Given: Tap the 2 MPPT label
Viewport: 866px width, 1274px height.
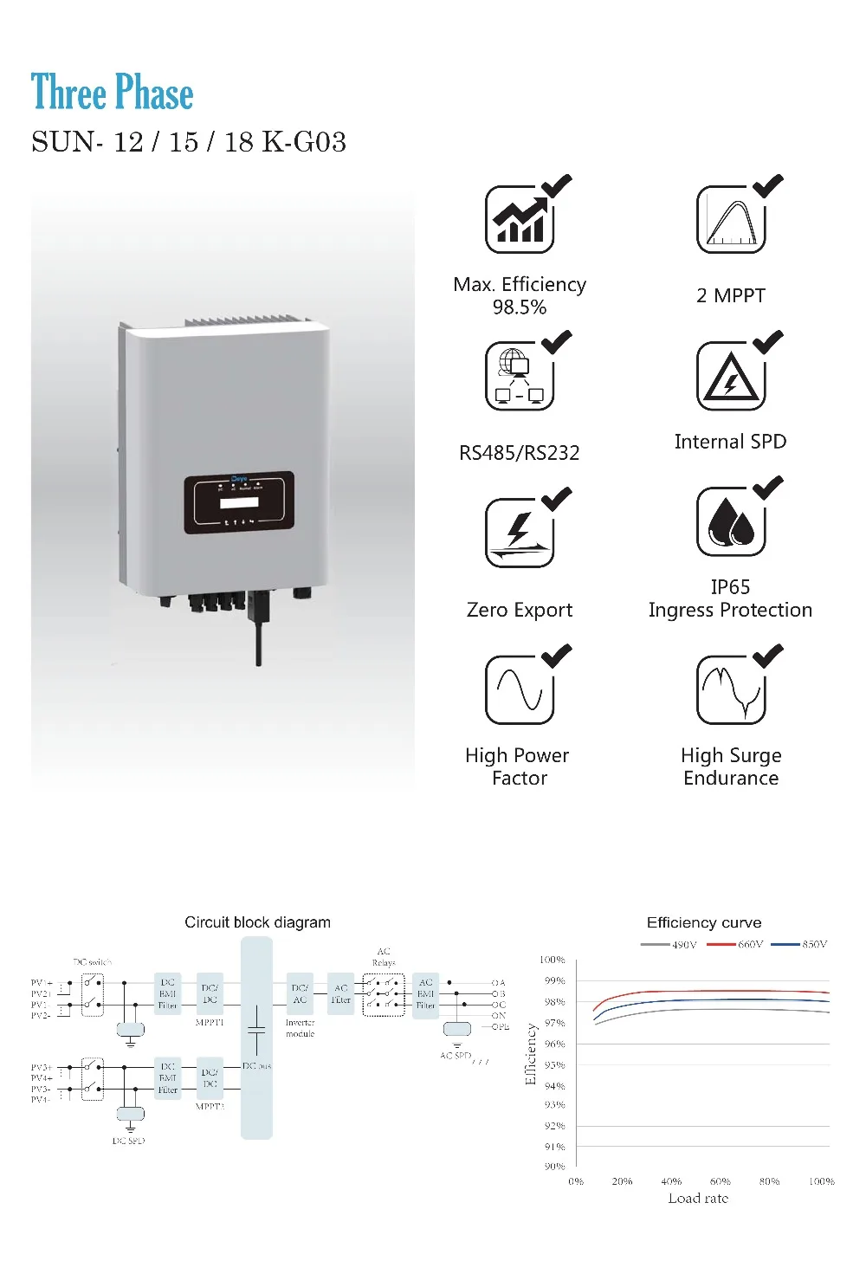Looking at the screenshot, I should (x=731, y=295).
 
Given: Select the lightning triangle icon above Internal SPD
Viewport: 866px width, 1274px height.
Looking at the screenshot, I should (x=731, y=377).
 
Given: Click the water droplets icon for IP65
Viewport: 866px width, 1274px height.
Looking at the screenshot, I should (x=731, y=521).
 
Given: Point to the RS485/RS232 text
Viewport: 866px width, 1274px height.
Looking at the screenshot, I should (x=520, y=453).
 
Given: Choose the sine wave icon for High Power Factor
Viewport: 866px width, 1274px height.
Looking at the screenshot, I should (x=519, y=690).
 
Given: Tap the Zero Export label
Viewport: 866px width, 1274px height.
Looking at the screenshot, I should (x=520, y=610).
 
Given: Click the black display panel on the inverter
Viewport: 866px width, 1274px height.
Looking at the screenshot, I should (x=239, y=502).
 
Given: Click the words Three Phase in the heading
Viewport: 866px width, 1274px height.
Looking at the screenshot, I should (x=112, y=93).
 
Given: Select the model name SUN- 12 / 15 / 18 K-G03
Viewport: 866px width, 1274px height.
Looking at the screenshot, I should (x=189, y=142).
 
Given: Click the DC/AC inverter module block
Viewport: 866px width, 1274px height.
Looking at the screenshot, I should (x=300, y=993).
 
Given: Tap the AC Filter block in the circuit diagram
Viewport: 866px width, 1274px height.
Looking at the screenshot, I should (x=341, y=993).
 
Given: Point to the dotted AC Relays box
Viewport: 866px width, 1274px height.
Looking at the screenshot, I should (x=384, y=995).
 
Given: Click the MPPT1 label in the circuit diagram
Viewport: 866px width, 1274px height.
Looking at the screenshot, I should (x=210, y=1023).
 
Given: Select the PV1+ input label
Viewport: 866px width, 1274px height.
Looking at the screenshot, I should (x=42, y=983).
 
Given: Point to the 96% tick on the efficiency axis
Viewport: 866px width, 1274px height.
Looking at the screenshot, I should (x=554, y=1044).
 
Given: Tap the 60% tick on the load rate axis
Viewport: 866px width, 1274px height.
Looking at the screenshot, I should (x=720, y=1181).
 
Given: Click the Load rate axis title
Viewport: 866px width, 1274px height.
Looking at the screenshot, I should (x=698, y=1199).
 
